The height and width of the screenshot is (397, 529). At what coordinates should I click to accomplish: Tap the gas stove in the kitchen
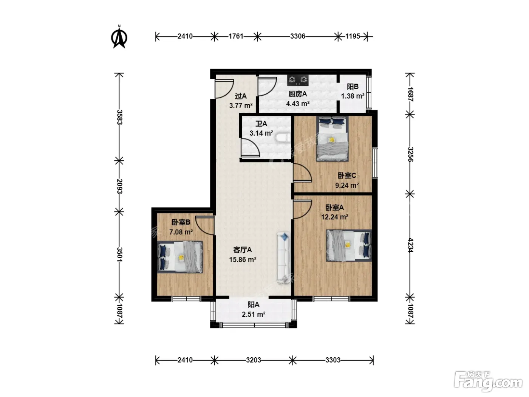298,80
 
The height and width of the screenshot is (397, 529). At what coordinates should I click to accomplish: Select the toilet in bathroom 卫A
283,138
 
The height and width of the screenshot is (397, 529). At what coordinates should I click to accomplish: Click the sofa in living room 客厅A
284,257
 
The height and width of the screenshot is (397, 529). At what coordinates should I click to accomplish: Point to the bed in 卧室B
180,257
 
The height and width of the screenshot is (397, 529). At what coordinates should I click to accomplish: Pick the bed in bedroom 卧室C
333,139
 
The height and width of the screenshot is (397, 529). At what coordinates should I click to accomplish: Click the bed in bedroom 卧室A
349,245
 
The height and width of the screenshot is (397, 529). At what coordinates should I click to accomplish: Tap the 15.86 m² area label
243,260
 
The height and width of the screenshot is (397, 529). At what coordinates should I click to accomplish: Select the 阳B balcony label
353,87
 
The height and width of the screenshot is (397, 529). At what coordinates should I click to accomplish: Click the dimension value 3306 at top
298,36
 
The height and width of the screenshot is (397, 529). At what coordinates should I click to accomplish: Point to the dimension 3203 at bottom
254,360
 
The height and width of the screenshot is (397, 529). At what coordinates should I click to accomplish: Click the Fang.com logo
488,382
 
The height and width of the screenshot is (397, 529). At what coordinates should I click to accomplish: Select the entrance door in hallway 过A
224,89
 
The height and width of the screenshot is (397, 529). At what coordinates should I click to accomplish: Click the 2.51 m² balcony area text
254,314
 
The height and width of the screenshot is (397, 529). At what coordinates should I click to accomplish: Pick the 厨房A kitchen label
298,94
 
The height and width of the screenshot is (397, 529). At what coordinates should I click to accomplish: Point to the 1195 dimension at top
353,36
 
